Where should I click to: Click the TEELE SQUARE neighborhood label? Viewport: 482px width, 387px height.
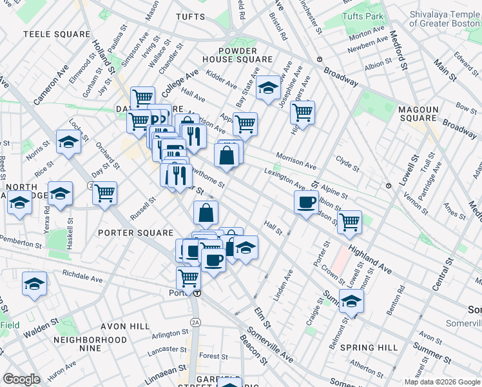(x=57, y=34)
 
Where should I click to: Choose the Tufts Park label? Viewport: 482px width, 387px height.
(x=363, y=15)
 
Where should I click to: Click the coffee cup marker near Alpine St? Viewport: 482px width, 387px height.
(x=307, y=202)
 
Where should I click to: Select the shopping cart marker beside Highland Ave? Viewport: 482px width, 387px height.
(x=349, y=221)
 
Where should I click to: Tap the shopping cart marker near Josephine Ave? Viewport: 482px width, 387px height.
(x=302, y=112)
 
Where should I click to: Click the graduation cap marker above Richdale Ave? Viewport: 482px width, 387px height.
(x=34, y=283)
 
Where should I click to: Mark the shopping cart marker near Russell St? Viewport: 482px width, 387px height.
(x=104, y=192)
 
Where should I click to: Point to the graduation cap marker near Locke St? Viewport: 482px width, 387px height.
(x=68, y=142)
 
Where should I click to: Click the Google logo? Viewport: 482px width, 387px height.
(x=21, y=379)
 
